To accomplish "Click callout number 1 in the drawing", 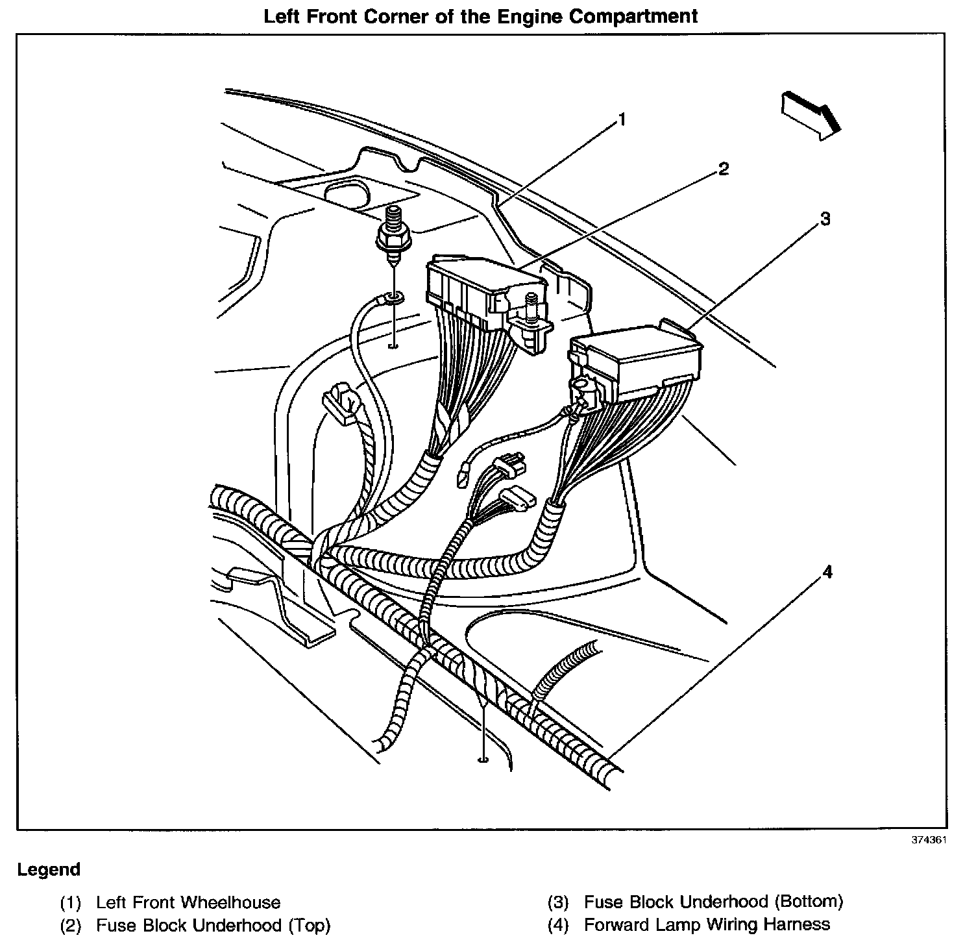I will click(622, 120).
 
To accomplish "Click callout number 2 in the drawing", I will click(723, 169).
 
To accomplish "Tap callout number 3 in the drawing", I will click(825, 219).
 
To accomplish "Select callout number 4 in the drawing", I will click(826, 572).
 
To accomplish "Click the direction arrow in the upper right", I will click(811, 114).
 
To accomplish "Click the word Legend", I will click(49, 869).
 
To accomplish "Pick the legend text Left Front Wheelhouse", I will click(188, 902).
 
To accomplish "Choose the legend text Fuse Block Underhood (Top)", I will click(213, 924).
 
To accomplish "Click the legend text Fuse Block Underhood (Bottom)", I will click(713, 902).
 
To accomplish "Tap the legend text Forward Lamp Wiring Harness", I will click(707, 924).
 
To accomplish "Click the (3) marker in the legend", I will click(558, 902).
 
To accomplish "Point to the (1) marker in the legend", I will click(70, 903).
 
